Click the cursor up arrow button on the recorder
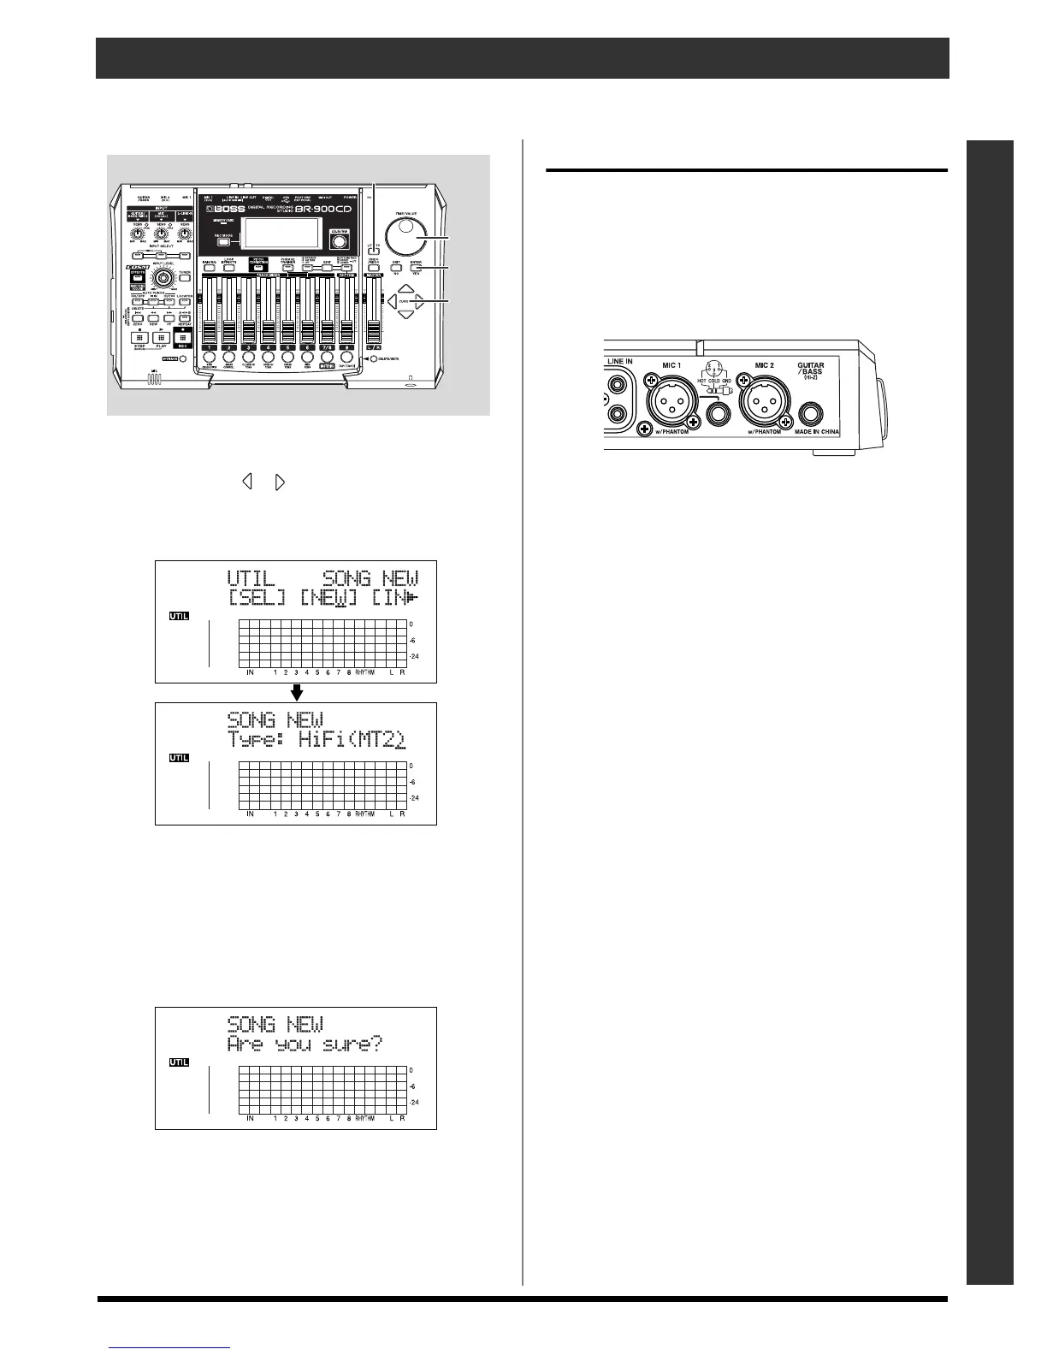click(x=407, y=289)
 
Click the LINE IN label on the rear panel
click(x=619, y=362)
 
